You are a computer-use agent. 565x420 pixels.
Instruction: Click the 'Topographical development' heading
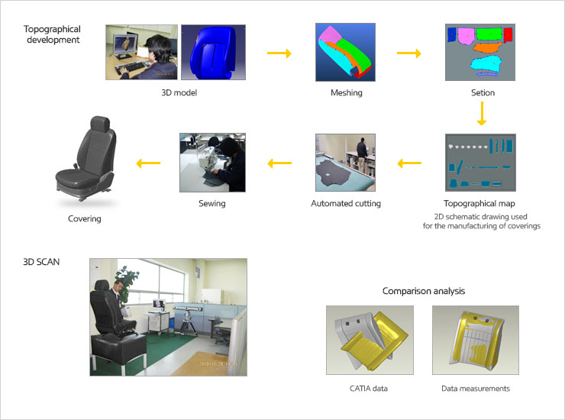point(51,34)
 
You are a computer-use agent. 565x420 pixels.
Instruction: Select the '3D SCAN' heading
point(41,261)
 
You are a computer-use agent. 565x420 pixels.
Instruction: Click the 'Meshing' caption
point(347,93)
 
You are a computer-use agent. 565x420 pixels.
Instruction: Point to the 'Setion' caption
point(483,93)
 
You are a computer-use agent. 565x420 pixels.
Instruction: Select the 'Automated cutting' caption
point(346,204)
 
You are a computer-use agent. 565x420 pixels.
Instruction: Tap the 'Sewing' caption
point(212,204)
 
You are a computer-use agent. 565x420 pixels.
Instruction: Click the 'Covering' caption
point(84,219)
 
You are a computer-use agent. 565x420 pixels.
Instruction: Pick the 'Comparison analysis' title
point(423,291)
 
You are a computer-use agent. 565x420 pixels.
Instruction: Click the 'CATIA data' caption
point(369,389)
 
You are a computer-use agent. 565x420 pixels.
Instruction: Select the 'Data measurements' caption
point(476,389)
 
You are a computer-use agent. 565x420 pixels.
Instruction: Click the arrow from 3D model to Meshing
point(279,53)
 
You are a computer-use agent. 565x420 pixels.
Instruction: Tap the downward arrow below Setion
point(482,114)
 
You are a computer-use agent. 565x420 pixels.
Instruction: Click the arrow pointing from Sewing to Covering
point(149,163)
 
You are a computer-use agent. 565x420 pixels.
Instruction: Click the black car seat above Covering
point(84,160)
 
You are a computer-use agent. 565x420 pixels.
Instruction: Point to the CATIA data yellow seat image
point(370,339)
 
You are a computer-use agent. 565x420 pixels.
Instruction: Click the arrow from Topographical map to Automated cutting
point(410,163)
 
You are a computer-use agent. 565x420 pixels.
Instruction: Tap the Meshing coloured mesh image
point(346,52)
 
